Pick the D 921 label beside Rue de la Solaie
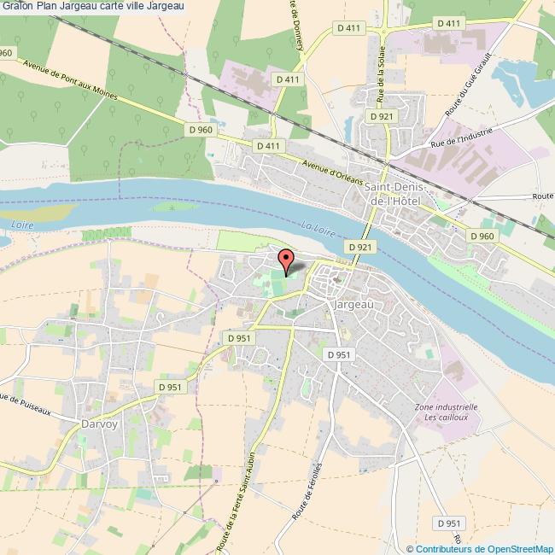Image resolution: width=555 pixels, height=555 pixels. pyautogui.click(x=380, y=114)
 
